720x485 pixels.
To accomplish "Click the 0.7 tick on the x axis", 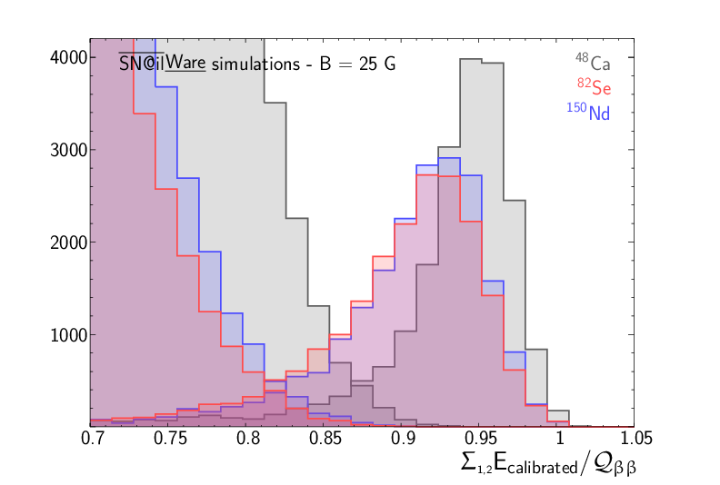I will pyautogui.click(x=90, y=438).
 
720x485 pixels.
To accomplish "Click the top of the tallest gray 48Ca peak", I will pyautogui.click(x=469, y=60).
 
